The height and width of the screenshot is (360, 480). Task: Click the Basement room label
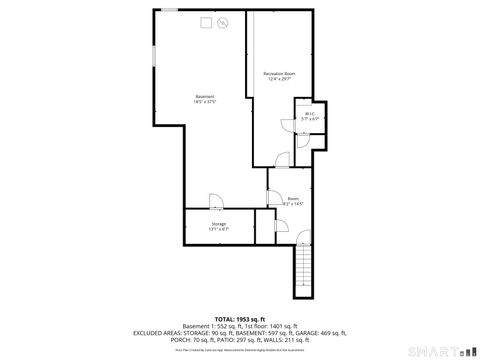[205, 96]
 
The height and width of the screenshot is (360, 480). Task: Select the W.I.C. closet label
[310, 114]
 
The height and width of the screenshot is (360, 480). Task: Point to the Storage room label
[218, 224]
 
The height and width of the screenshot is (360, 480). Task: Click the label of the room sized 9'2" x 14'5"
[293, 199]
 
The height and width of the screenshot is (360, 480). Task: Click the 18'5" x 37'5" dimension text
[205, 102]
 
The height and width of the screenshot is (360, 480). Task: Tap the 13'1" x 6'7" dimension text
[218, 230]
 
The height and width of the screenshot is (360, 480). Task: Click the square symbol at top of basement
[206, 21]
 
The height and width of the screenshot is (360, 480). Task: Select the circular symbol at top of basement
[223, 22]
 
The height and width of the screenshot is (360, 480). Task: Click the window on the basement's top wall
[171, 10]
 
